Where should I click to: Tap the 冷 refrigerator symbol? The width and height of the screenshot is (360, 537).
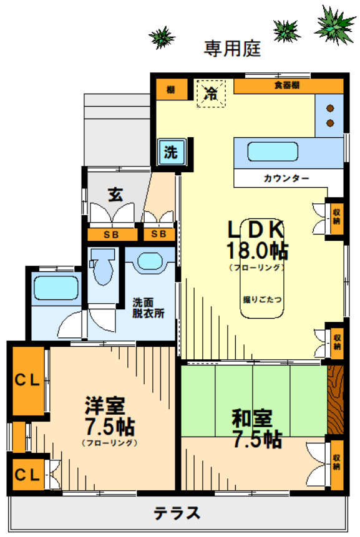tap(212, 94)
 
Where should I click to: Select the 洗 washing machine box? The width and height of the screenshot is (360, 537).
tap(170, 151)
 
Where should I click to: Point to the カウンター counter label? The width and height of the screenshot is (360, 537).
tap(286, 178)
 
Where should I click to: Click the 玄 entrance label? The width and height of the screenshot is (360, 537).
tap(115, 194)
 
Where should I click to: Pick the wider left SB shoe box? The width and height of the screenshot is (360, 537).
tap(112, 235)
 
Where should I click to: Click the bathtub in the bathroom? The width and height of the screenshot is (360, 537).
tap(55, 288)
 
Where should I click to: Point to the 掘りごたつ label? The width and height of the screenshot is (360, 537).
tap(262, 299)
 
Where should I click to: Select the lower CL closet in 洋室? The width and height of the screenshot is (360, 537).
tap(27, 475)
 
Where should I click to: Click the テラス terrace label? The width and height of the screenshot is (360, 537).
tap(177, 513)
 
